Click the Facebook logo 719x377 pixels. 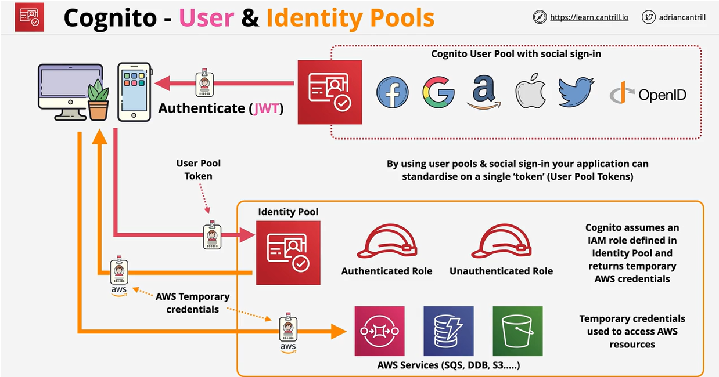click(392, 92)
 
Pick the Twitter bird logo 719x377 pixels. click(576, 92)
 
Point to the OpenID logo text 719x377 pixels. click(662, 95)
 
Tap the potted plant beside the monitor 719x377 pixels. click(98, 100)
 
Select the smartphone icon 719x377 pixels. click(134, 92)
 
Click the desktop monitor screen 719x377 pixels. click(63, 82)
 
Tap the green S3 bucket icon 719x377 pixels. click(517, 331)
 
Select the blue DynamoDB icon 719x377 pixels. click(448, 331)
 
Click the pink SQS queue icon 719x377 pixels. click(380, 331)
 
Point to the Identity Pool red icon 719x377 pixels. click(288, 252)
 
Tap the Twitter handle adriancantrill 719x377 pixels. click(682, 17)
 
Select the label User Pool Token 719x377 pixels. click(199, 170)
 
